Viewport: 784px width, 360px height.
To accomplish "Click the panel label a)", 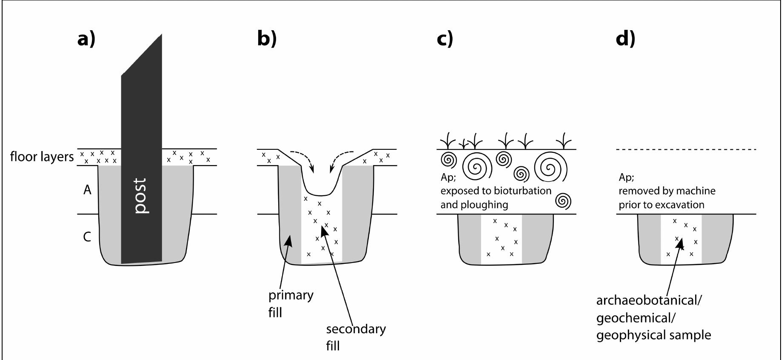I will (x=86, y=39).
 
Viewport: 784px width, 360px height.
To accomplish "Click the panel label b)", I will (x=267, y=39).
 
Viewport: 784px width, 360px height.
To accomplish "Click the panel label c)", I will (x=445, y=39).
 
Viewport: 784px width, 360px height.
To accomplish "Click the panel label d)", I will (x=625, y=39).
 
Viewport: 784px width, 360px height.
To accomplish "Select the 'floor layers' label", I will (x=42, y=157).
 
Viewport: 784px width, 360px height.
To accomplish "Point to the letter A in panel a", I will (x=87, y=190).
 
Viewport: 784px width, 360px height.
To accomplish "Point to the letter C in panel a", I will (x=87, y=237).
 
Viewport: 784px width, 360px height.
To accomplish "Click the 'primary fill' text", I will (x=290, y=303).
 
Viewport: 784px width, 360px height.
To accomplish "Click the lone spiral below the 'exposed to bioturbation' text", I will (x=564, y=201).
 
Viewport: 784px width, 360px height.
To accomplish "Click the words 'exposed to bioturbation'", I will (x=496, y=191).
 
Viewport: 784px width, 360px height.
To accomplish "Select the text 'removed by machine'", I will (x=667, y=191).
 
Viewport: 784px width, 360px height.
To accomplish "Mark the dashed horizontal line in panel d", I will (x=686, y=149).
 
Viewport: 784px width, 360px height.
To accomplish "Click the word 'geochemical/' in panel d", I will (x=636, y=318).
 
